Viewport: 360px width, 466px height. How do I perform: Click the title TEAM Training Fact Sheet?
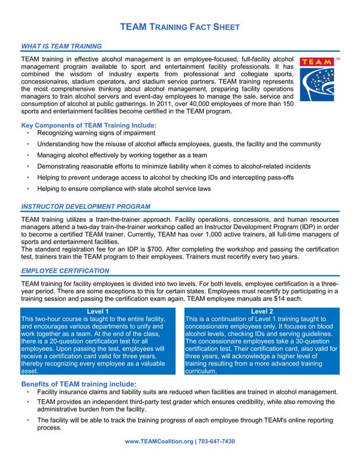pos(181,27)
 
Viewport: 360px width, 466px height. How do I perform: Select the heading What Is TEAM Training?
pos(61,46)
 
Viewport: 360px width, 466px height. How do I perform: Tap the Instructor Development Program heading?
pos(85,206)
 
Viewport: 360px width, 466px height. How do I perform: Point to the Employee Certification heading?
pos(65,271)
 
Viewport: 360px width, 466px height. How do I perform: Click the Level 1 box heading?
pos(98,311)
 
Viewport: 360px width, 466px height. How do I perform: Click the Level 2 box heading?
pos(262,311)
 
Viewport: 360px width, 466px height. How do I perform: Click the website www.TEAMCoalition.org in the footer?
pos(160,441)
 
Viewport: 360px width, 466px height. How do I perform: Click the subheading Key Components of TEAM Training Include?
pos(89,125)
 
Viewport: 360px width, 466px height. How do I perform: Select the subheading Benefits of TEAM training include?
pos(78,384)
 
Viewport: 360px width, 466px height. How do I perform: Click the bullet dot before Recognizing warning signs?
pos(28,133)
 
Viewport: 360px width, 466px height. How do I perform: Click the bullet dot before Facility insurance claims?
pos(28,392)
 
